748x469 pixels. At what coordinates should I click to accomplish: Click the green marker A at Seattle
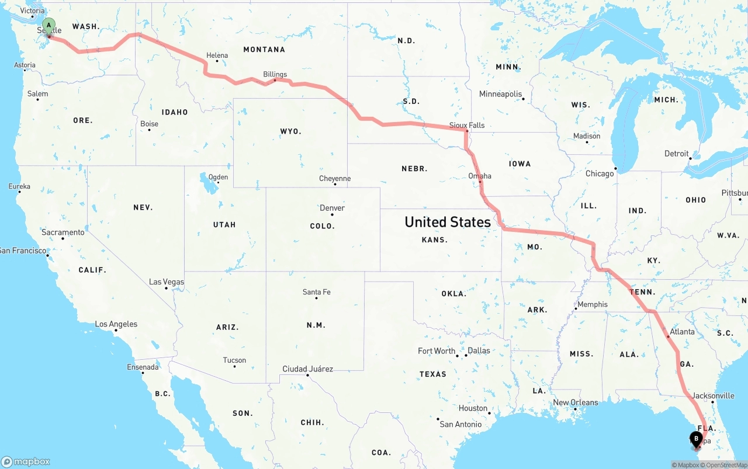pos(49,26)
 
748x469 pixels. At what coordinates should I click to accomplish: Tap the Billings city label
pos(275,74)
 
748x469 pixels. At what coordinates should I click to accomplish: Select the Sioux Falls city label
pos(467,125)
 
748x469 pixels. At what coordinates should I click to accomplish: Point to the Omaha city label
pos(480,176)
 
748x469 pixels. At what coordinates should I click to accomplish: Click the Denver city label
pos(332,208)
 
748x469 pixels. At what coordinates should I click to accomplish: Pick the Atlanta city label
pos(682,332)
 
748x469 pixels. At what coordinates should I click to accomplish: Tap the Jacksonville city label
pos(713,395)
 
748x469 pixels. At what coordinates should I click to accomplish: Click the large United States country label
pos(448,222)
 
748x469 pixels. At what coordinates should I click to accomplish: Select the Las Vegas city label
pos(167,282)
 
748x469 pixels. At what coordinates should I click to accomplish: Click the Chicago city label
pos(600,173)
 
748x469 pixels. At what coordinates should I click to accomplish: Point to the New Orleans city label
pos(576,402)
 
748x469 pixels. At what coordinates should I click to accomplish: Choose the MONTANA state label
pos(264,50)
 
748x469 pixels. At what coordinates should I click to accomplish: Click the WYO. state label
pos(291,131)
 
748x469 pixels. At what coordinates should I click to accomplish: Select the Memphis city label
pos(593,304)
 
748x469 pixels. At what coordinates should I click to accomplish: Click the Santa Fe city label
pos(317,292)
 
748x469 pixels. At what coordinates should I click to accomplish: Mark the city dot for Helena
pos(217,61)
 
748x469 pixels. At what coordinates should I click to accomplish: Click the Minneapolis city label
pos(500,94)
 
